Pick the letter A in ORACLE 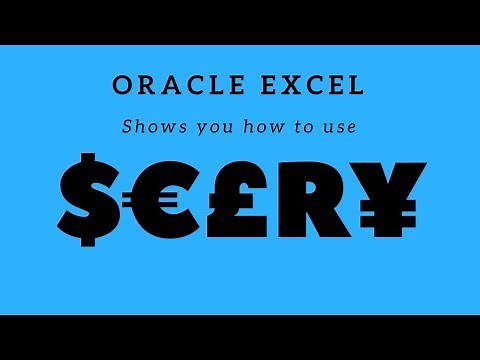pos(160,86)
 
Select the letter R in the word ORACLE pos(142,86)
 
